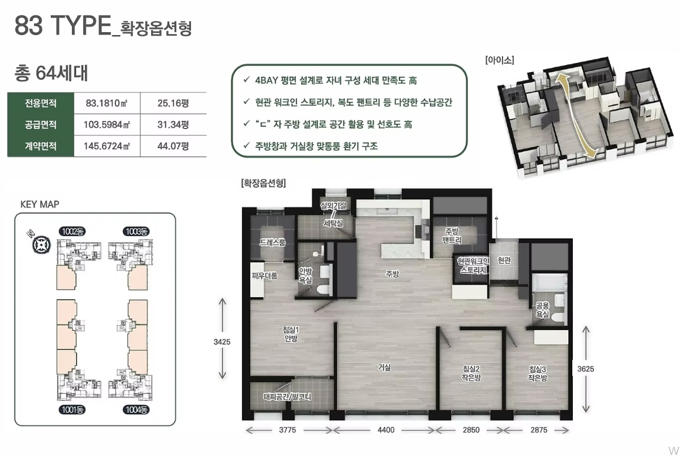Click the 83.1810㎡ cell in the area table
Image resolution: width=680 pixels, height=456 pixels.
107,103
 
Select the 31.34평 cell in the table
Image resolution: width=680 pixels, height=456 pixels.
173,124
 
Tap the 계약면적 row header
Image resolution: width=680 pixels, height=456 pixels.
40,146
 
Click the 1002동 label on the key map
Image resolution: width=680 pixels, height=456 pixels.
73,232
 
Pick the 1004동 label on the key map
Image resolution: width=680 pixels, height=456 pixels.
136,410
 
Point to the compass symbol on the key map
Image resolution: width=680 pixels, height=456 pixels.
41,244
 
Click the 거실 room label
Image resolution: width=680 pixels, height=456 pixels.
384,367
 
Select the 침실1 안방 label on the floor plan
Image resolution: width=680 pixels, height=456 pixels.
291,334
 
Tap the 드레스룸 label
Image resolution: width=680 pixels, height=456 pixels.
272,243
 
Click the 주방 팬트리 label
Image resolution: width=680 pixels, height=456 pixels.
452,236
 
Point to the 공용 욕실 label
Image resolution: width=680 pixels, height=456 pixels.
542,310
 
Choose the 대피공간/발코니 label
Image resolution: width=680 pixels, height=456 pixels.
287,397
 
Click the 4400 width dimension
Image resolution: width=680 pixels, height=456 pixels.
386,430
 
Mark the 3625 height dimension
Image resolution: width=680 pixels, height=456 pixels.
586,369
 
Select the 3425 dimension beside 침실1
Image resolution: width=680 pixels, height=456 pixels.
221,342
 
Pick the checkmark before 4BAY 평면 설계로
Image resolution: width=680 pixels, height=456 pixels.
247,79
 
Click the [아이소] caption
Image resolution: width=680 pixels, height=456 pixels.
500,60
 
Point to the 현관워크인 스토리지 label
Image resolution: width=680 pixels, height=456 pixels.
473,266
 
